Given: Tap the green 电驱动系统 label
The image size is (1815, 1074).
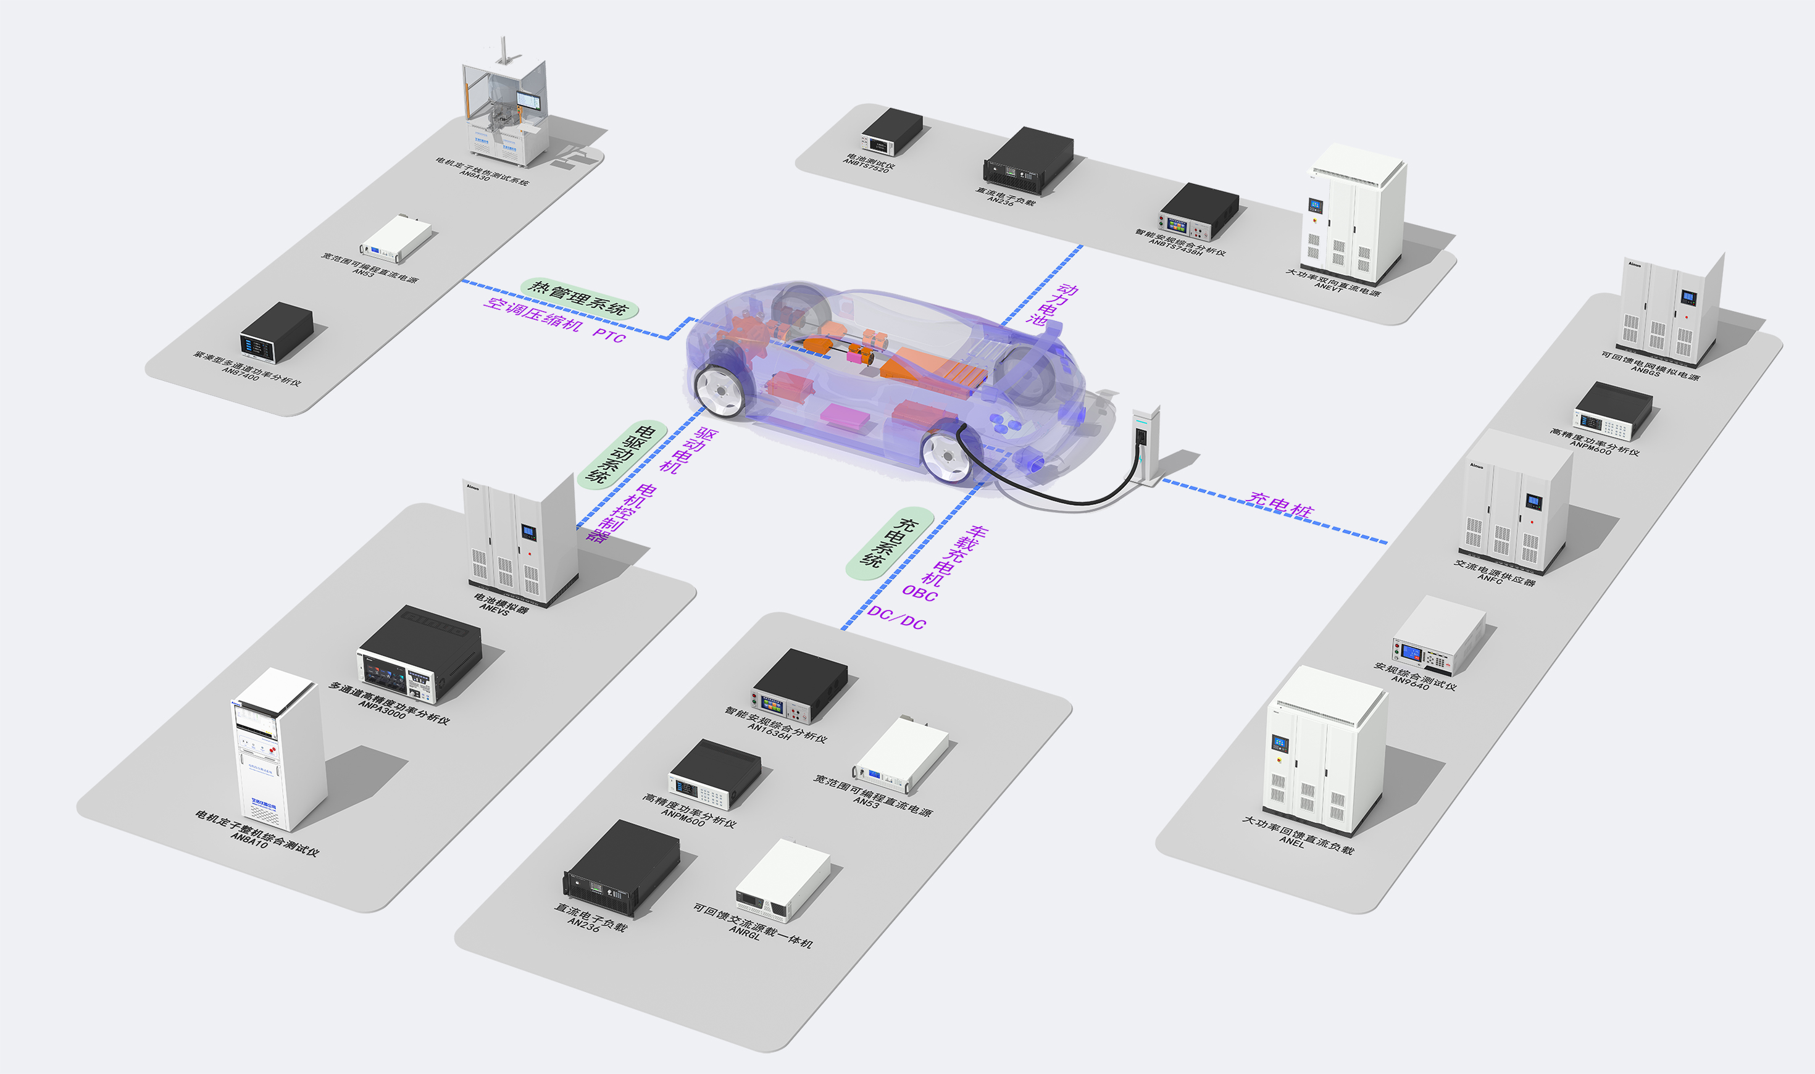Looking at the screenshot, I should click(x=622, y=454).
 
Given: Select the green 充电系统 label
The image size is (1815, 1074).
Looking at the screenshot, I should click(x=890, y=543).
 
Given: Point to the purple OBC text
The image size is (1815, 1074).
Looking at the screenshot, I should click(x=919, y=593).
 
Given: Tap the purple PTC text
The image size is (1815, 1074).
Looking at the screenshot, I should click(x=609, y=336).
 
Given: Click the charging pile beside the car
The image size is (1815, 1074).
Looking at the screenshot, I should click(x=1146, y=444).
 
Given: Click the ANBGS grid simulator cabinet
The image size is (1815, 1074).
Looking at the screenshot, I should click(x=1668, y=311).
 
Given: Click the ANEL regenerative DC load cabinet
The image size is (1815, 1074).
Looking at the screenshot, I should click(x=1324, y=752).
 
